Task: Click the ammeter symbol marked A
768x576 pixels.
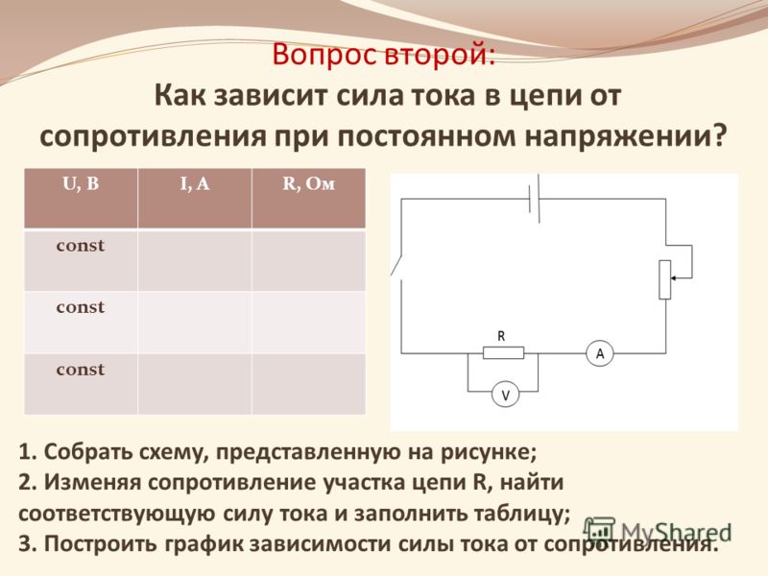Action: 600,352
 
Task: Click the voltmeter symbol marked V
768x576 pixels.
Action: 506,394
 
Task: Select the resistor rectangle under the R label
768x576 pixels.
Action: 503,352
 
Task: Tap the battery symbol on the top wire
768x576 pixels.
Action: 535,199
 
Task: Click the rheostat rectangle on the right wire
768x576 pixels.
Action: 664,279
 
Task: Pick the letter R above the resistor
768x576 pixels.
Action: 501,336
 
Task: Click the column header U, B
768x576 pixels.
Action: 81,184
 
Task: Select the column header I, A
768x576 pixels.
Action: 195,184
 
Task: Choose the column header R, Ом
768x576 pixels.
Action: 308,184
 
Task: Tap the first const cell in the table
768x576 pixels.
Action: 81,246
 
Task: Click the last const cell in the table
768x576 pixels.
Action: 81,370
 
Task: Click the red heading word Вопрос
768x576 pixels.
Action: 324,56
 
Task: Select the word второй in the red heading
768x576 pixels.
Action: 439,55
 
